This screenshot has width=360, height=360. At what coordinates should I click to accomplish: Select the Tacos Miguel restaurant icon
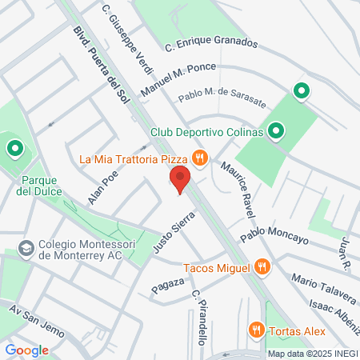261,268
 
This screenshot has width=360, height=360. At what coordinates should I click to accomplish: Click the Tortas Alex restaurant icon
256,328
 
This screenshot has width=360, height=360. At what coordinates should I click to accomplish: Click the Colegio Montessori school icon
26,248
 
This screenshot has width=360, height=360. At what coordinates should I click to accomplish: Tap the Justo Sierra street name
174,232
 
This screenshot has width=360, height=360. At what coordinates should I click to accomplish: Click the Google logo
27,350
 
